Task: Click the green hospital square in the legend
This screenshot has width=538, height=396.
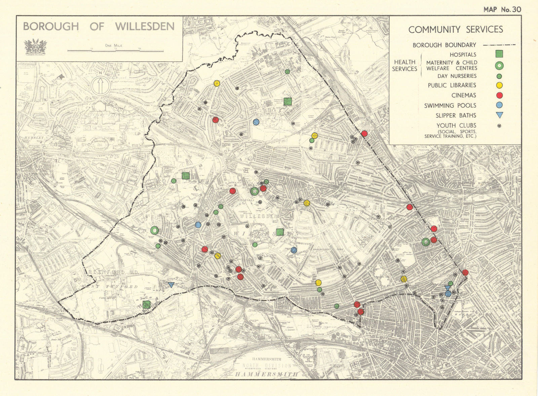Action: [500, 54]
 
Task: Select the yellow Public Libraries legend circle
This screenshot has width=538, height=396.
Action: [500, 85]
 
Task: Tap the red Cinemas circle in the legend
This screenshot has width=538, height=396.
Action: [500, 95]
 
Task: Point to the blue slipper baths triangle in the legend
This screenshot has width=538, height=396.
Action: [500, 115]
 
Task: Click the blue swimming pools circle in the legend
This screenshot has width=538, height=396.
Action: [500, 105]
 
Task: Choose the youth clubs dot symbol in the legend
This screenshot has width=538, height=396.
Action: [500, 125]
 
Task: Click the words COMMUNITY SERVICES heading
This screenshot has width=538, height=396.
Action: [456, 30]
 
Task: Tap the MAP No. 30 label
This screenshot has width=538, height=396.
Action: [502, 9]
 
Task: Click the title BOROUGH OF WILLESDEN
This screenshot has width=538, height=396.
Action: [99, 27]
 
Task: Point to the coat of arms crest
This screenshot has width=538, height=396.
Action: [35, 47]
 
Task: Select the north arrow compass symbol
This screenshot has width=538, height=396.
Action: [100, 85]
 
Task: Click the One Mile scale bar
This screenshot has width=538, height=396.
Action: [115, 51]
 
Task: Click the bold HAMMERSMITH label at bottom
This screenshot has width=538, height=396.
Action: [266, 374]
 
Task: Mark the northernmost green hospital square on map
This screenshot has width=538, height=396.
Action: [287, 101]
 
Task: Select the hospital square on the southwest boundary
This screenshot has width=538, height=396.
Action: [146, 305]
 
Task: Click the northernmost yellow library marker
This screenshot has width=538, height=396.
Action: [217, 83]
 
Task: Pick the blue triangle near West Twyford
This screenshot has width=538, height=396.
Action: [171, 285]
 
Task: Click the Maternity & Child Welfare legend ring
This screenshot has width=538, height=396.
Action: [500, 66]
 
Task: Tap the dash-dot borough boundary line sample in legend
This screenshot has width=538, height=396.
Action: [499, 45]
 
